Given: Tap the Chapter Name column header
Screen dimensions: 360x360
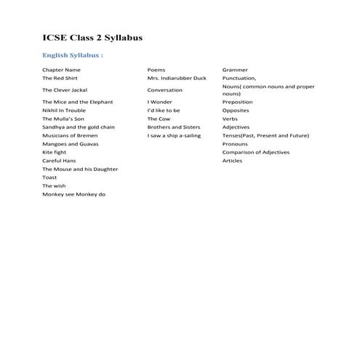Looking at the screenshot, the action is [x=61, y=70].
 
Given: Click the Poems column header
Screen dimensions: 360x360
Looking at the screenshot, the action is [x=156, y=70].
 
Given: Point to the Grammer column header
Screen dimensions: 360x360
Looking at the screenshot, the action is [x=235, y=70].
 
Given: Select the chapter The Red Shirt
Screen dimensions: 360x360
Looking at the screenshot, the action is [x=60, y=78].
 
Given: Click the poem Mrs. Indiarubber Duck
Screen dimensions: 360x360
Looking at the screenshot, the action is [x=177, y=78].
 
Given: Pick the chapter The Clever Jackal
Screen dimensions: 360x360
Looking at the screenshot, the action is [x=65, y=90].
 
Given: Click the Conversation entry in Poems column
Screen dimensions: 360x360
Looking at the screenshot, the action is [x=165, y=90].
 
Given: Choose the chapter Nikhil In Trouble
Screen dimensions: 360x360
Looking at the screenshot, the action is [x=64, y=111].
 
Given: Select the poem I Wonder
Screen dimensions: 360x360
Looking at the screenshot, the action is [x=159, y=103].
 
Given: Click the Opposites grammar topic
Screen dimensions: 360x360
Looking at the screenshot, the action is [x=236, y=111].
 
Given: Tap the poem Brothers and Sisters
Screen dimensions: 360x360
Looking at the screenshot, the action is [x=173, y=127].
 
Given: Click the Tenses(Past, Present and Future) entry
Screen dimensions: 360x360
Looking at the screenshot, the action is [x=265, y=135].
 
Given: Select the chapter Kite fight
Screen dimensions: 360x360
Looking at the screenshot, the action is [x=55, y=153].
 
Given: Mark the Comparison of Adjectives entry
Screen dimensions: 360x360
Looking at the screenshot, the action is [x=255, y=153].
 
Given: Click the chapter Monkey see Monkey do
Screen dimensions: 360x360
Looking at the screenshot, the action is [x=73, y=195].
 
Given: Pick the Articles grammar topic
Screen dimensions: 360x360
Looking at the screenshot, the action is [x=233, y=161].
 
